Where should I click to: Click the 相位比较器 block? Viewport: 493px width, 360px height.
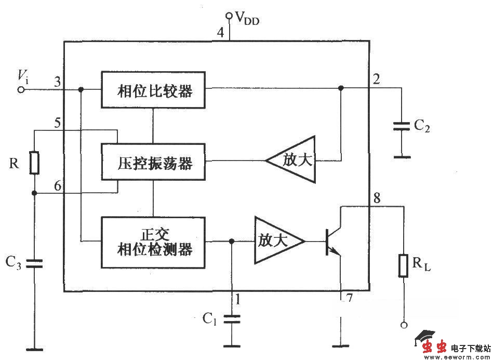153,90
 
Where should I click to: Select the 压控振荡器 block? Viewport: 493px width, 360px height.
153,162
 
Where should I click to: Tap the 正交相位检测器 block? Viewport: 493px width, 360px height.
153,242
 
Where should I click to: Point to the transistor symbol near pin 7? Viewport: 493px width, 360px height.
332,242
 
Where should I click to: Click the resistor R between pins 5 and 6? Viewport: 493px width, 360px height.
34,163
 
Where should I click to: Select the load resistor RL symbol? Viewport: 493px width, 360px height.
403,265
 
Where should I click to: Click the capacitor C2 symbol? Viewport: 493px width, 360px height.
401,126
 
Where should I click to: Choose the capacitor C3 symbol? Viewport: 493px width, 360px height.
34,263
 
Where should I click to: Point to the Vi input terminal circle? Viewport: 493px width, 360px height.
21,89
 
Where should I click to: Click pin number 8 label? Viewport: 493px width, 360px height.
377,197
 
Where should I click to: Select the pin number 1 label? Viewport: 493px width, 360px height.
238,299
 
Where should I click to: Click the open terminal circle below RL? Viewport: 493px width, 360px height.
403,325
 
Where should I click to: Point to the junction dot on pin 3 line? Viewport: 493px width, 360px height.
81,89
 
